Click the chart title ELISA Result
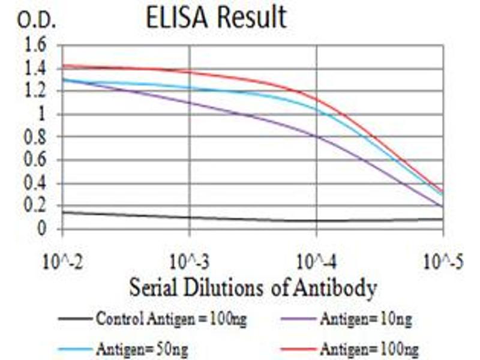click(x=216, y=18)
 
